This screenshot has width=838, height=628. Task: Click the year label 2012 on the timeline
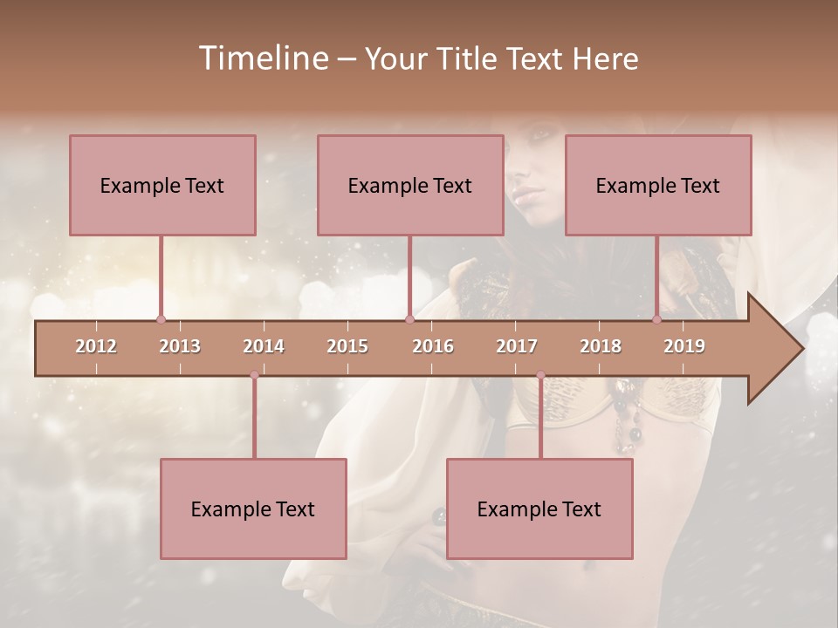96,346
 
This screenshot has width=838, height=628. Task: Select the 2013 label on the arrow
180,346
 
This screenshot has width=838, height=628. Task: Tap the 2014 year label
264,346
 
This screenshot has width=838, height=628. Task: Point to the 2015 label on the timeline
347,346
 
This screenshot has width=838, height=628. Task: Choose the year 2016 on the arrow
433,346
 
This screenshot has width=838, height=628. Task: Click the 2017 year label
517,346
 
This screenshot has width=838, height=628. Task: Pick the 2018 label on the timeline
601,346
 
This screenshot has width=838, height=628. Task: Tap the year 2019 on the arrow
684,346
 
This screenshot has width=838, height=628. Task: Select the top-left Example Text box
162,185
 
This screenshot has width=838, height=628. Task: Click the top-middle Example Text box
410,185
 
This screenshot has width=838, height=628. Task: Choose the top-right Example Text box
658,185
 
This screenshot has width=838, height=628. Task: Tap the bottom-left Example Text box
253,509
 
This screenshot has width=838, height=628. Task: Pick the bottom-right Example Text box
539,509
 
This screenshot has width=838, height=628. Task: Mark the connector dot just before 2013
161,320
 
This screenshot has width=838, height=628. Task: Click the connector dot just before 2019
657,320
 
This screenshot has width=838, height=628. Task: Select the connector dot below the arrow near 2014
254,375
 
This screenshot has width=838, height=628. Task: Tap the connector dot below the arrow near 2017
540,375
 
